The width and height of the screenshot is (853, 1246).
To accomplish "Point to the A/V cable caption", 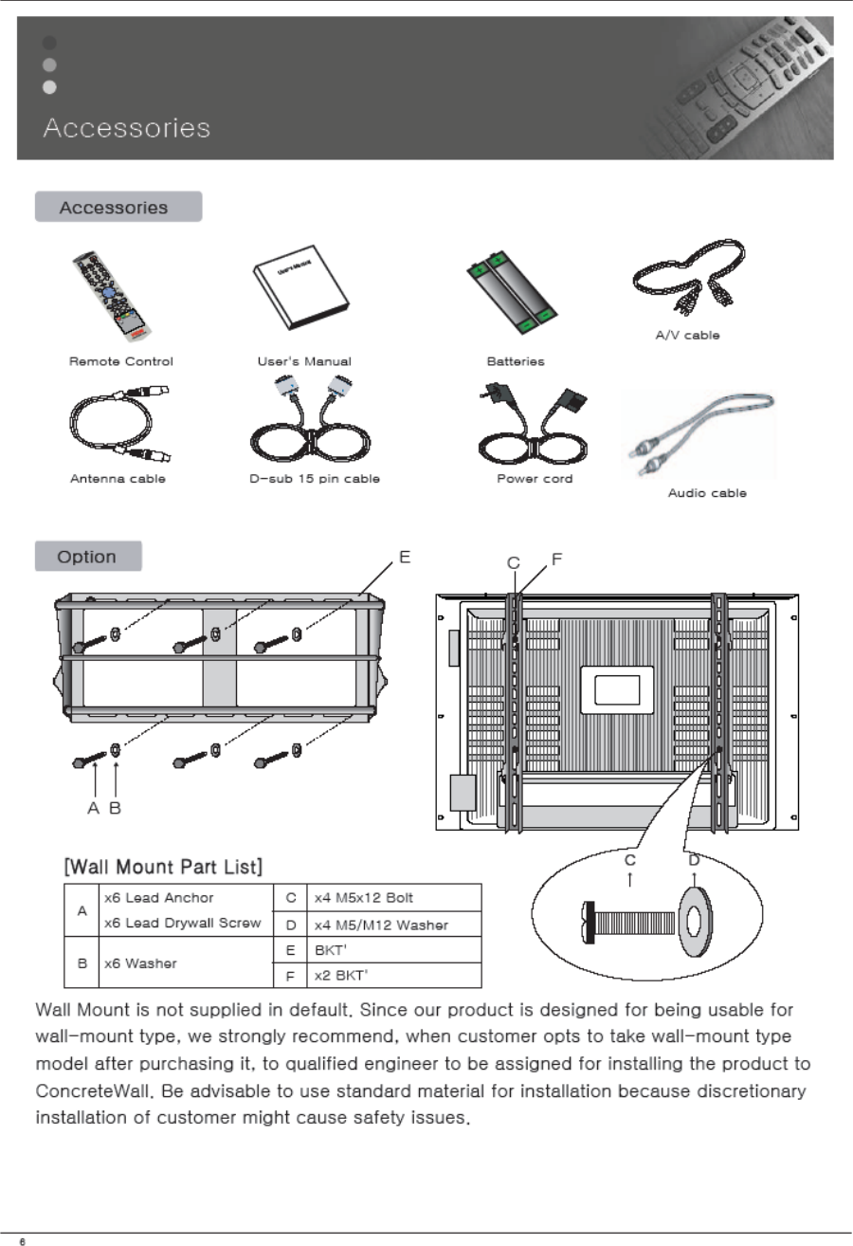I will point(688,336).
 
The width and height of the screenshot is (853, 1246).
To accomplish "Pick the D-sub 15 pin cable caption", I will point(308,479).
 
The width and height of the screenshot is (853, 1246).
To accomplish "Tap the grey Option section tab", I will point(87,557).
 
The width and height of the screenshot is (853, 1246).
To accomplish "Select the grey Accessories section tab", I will point(118,207).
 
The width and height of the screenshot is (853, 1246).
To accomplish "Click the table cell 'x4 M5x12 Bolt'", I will point(363,897).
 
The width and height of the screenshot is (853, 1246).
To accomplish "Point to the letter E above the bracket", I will point(404,558).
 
